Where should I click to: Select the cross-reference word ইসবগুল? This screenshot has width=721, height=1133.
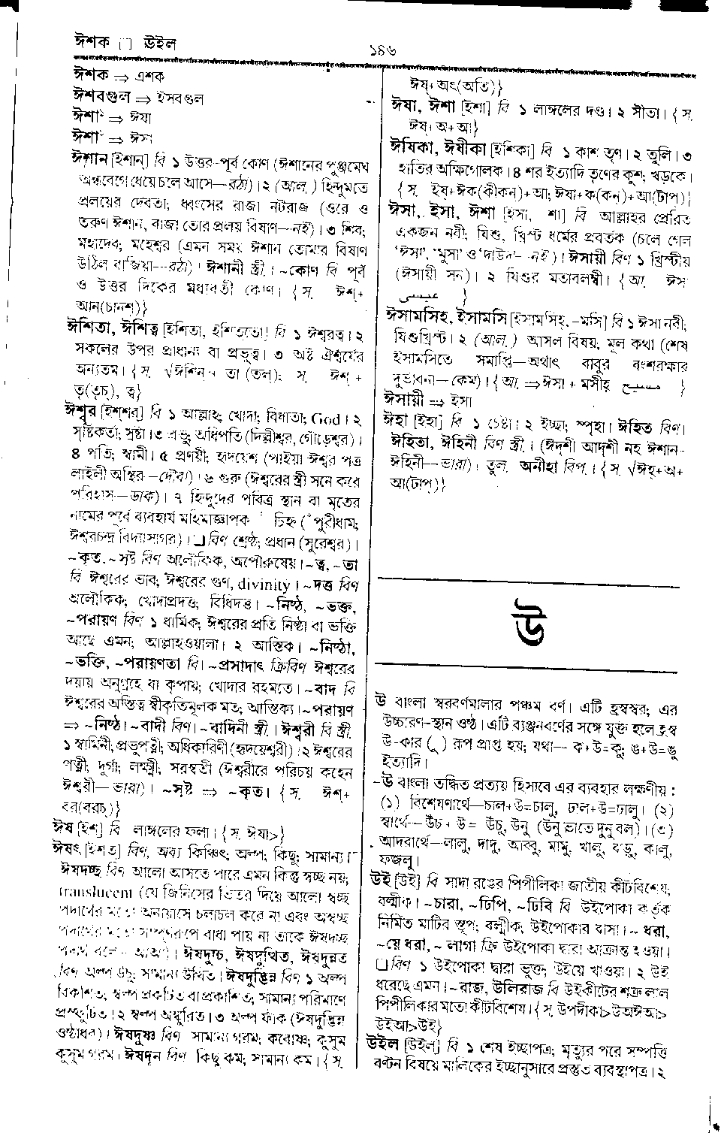(179, 98)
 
